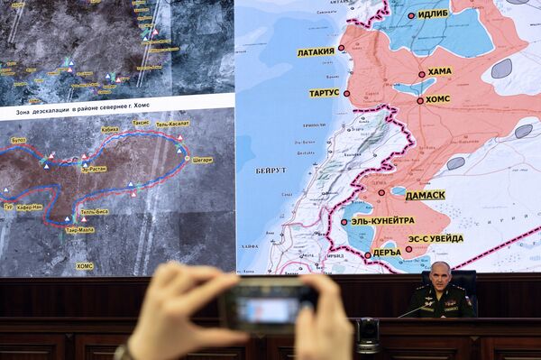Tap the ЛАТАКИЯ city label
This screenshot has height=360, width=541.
pyautogui.click(x=316, y=52)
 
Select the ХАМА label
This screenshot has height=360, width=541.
pyautogui.click(x=440, y=71)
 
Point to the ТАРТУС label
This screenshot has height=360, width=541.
pyautogui.click(x=324, y=93)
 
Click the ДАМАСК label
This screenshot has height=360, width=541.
pyautogui.click(x=425, y=195)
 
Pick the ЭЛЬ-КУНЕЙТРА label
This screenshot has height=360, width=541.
pyautogui.click(x=382, y=220)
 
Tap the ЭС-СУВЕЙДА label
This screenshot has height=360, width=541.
pyautogui.click(x=436, y=239)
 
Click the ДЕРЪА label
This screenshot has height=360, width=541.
pyautogui.click(x=387, y=253)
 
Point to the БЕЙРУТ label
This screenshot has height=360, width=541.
pyautogui.click(x=270, y=170)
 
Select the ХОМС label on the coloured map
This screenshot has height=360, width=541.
pyautogui.click(x=438, y=99)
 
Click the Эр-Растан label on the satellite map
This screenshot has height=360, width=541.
pyautogui.click(x=94, y=169)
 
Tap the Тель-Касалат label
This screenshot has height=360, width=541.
pyautogui.click(x=172, y=124)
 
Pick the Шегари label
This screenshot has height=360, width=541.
pyautogui.click(x=202, y=160)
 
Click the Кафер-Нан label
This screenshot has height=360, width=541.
pyautogui.click(x=29, y=207)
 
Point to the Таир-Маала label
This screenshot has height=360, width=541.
pyautogui.click(x=79, y=230)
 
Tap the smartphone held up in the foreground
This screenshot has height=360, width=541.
pyautogui.click(x=267, y=304)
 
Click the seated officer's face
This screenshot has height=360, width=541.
pyautogui.click(x=441, y=276)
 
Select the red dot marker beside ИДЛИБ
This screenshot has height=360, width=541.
pyautogui.click(x=411, y=15)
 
